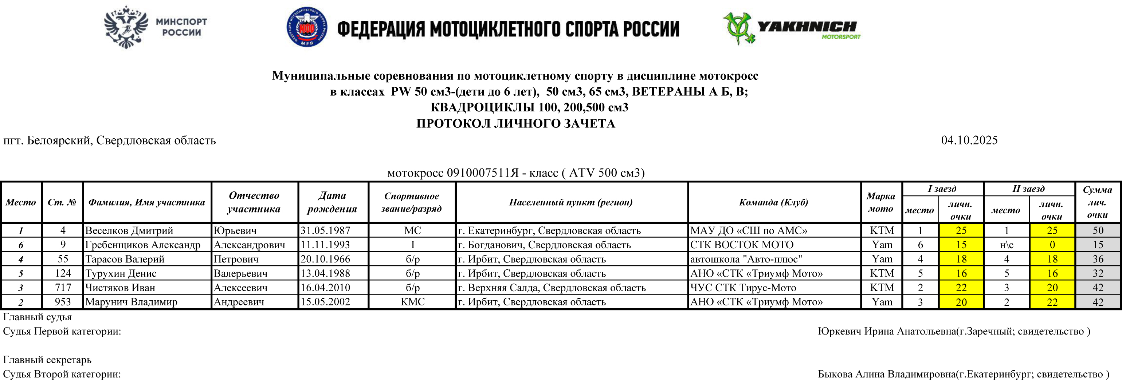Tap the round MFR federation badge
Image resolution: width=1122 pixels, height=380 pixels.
click(x=307, y=27)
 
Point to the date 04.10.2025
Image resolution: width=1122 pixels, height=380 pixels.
click(x=969, y=140)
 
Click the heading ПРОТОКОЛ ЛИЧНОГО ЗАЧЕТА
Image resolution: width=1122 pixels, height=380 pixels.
click(x=516, y=124)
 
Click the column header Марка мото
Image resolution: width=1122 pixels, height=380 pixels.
click(x=881, y=202)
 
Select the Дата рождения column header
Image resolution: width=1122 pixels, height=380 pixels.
click(x=332, y=202)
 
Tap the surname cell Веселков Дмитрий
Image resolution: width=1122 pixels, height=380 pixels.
click(x=129, y=231)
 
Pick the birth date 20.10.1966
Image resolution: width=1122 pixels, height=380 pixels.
click(x=325, y=259)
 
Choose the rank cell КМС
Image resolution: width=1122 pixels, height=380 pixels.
click(x=412, y=302)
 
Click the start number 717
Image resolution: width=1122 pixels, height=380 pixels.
click(x=63, y=288)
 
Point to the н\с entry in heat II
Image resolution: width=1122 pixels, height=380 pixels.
click(x=1007, y=245)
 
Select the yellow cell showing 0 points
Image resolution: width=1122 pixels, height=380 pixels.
click(x=1052, y=245)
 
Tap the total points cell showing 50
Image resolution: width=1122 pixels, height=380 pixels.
click(x=1098, y=231)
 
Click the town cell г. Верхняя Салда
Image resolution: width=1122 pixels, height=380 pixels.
click(x=552, y=288)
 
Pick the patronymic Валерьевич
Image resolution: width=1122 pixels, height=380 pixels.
click(x=240, y=273)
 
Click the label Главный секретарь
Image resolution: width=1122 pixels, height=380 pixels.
click(x=47, y=360)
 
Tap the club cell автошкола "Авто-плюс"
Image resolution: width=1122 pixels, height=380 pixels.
click(x=746, y=259)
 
